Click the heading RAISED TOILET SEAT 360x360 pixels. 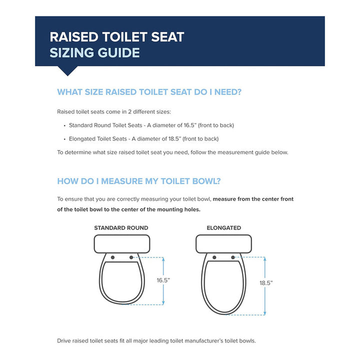pos(117,36)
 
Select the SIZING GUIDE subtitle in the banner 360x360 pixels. pos(94,53)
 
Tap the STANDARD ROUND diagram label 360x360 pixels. pos(121,228)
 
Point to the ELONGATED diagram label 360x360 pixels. pos(223,228)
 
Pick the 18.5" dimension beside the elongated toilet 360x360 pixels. pos(266,282)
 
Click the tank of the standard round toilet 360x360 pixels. pos(121,244)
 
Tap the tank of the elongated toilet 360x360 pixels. pos(223,244)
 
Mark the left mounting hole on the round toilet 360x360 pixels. pos(112,257)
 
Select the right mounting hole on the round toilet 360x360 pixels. pos(131,257)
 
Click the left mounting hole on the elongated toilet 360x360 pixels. pos(214,257)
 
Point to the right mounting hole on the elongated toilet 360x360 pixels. pos(233,257)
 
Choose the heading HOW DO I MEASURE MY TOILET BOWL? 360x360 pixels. pos(139,181)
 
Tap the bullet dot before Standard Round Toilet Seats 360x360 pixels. pos(65,125)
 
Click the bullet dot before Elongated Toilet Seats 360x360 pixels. pos(65,139)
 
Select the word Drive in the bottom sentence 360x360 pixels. pos(64,341)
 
